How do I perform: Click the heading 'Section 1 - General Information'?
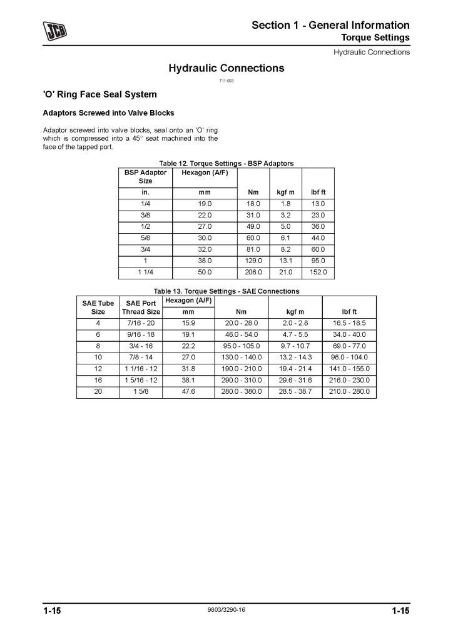tap(330, 25)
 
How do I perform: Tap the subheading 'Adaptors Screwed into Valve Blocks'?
tap(108, 114)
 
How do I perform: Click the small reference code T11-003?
tap(226, 81)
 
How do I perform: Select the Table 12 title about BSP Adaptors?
tap(227, 164)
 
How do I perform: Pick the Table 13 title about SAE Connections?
tap(227, 291)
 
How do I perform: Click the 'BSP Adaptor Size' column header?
tap(145, 176)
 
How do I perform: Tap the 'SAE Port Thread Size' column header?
tap(141, 307)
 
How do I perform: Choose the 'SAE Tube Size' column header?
tap(98, 307)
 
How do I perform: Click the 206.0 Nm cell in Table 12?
tap(253, 272)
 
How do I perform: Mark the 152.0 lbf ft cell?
tap(318, 272)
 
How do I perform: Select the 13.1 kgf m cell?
tap(285, 261)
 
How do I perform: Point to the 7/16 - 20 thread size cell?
tap(141, 323)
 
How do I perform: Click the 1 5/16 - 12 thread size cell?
tap(141, 380)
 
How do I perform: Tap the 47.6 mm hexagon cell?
tap(188, 392)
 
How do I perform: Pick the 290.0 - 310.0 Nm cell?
tap(241, 380)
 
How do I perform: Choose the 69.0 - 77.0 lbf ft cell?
tap(349, 346)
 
